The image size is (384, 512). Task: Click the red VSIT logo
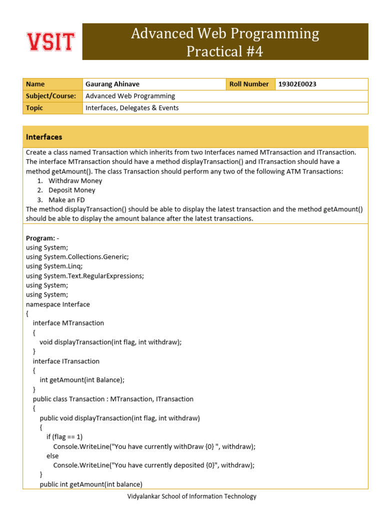50,42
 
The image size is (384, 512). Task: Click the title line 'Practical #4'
224,51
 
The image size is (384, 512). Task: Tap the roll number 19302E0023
297,84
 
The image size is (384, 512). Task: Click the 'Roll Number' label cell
249,84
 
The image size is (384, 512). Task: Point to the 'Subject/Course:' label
51,96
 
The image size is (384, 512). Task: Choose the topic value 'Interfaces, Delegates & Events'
132,108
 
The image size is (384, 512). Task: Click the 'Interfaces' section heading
44,137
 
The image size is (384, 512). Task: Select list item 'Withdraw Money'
75,181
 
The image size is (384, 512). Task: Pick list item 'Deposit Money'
71,190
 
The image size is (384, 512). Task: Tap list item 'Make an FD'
67,200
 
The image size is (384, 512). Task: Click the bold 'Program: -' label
42,238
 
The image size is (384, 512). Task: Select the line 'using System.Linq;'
54,266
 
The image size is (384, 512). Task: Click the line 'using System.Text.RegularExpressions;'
84,276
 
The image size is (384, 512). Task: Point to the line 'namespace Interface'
58,304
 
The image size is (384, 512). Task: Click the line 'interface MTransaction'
68,323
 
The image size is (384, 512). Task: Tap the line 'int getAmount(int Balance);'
82,380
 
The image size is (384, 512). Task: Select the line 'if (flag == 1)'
64,437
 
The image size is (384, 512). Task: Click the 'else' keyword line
52,456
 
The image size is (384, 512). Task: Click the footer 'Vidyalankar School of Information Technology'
192,496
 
